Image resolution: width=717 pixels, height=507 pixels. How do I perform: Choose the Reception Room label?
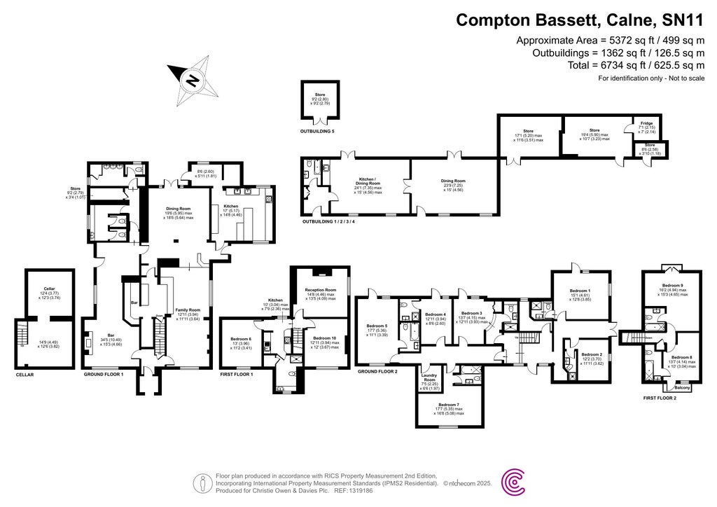coord(321,290)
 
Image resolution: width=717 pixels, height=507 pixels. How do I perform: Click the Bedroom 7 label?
coord(449,405)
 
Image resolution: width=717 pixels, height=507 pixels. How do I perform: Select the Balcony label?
coord(682,387)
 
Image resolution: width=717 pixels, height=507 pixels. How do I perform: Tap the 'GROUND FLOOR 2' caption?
coord(377,371)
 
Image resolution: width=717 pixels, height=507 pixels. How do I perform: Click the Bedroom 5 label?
coord(377,325)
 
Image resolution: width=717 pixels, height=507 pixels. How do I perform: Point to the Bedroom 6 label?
coord(241,339)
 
